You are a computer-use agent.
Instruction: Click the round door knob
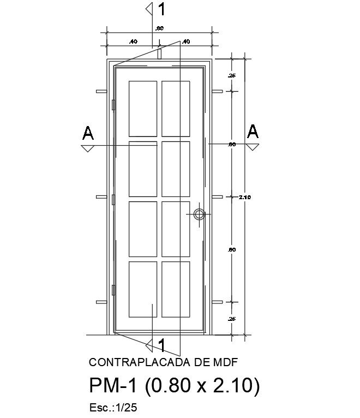pos(200,214)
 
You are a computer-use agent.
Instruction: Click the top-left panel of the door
pos(143,109)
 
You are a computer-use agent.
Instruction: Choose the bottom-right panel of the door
pos(176,289)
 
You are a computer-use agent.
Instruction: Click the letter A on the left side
pos(88,133)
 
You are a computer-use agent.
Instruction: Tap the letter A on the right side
pos(253,132)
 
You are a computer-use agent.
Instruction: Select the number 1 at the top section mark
pos(161,9)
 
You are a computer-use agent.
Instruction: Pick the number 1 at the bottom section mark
pos(161,345)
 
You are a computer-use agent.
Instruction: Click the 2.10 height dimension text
pos(244,197)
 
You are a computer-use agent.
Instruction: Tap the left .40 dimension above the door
pos(133,41)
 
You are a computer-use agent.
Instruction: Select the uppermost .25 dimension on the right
pos(232,75)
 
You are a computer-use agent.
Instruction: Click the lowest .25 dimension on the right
pos(232,318)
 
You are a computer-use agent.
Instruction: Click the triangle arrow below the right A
pos(252,147)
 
